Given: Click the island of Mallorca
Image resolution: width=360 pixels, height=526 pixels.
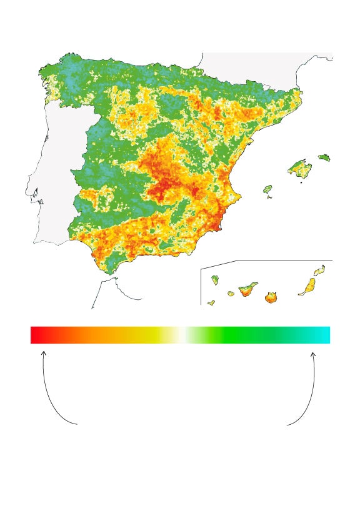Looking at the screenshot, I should (299, 168).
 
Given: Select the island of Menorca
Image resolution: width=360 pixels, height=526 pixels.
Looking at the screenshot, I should (324, 157).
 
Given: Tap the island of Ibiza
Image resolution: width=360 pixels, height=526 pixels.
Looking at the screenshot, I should (267, 189).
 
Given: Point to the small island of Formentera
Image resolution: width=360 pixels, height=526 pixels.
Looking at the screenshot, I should (269, 197).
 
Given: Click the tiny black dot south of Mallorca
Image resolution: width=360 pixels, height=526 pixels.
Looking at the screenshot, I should (301, 183).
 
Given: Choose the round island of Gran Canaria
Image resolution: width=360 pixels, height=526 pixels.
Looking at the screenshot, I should (271, 297).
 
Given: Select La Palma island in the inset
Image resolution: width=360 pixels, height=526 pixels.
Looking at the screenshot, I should (215, 280).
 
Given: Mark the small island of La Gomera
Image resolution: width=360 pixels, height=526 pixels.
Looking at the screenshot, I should (231, 293).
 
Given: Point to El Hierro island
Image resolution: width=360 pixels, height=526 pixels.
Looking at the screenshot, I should (211, 303).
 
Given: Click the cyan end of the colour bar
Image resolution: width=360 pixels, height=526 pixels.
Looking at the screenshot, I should (325, 335).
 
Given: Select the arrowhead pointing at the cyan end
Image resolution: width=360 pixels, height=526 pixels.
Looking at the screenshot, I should (313, 354).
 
